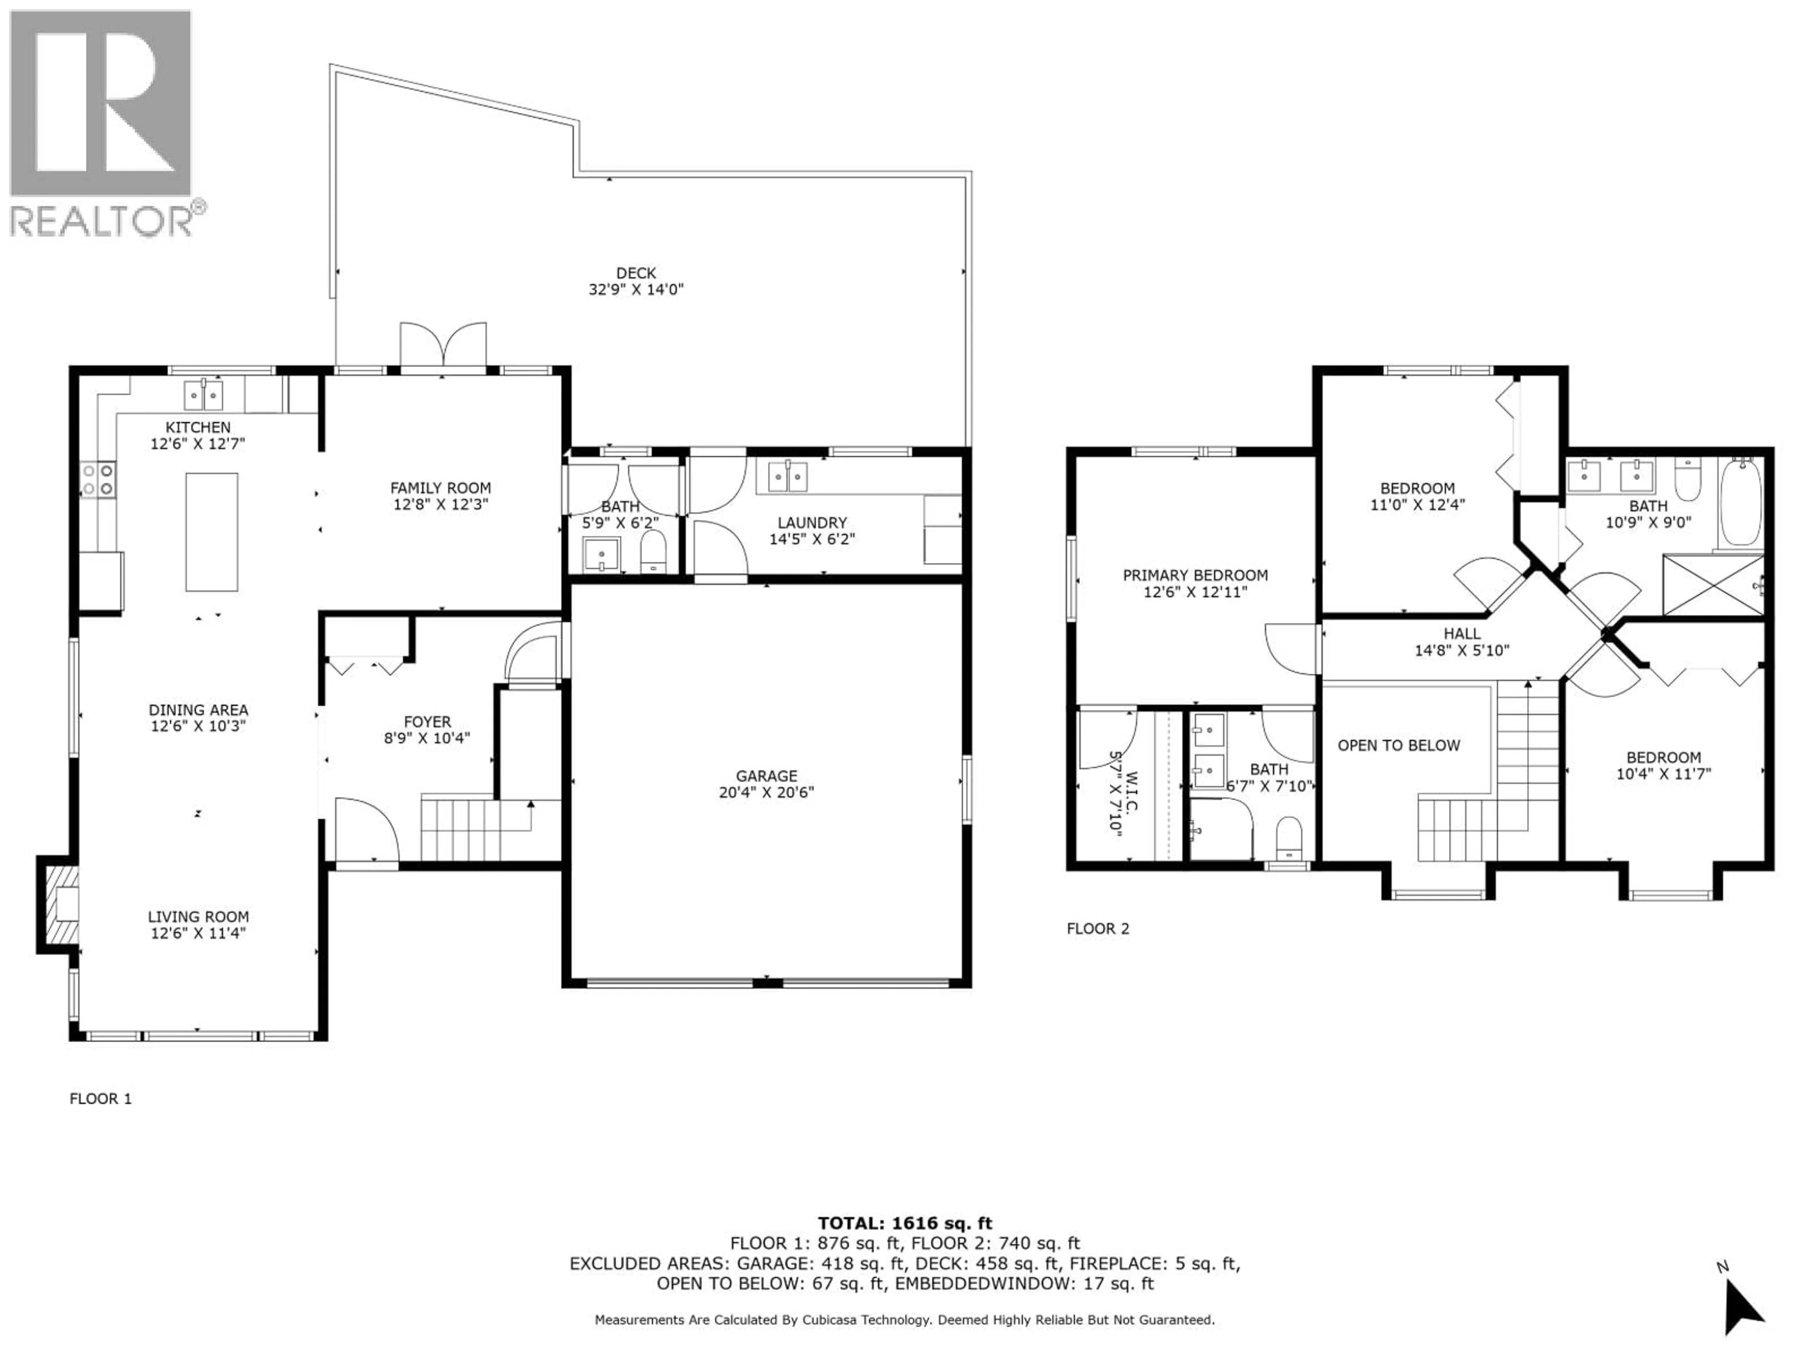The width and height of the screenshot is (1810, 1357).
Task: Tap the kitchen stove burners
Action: (98, 479)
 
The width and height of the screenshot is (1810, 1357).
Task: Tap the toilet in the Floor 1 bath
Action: (653, 552)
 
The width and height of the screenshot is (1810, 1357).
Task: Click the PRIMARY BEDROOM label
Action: (1195, 575)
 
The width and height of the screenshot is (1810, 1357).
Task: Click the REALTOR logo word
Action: (100, 221)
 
